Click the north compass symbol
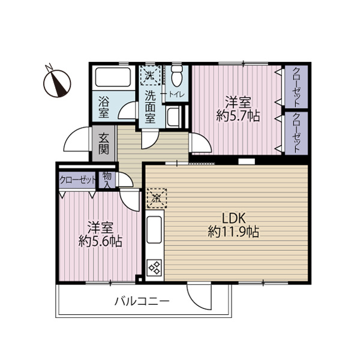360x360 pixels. click(57, 83)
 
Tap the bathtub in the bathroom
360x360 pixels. click(113, 77)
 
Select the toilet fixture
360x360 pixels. click(176, 75)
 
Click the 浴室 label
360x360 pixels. click(104, 107)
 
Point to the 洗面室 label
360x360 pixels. click(151, 107)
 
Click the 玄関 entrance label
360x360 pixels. click(104, 143)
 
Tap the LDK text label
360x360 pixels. click(234, 218)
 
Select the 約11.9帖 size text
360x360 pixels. click(233, 232)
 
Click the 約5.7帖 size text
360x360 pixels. click(238, 116)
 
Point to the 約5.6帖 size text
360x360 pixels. click(100, 241)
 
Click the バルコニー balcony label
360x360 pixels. click(142, 301)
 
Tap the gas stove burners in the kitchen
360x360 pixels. click(155, 268)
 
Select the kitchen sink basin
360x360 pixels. click(154, 230)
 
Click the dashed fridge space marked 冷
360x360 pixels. click(157, 198)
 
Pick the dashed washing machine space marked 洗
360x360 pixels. click(151, 76)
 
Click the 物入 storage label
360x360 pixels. click(107, 180)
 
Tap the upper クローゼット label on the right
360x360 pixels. click(296, 86)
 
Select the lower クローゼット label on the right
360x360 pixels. click(296, 133)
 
